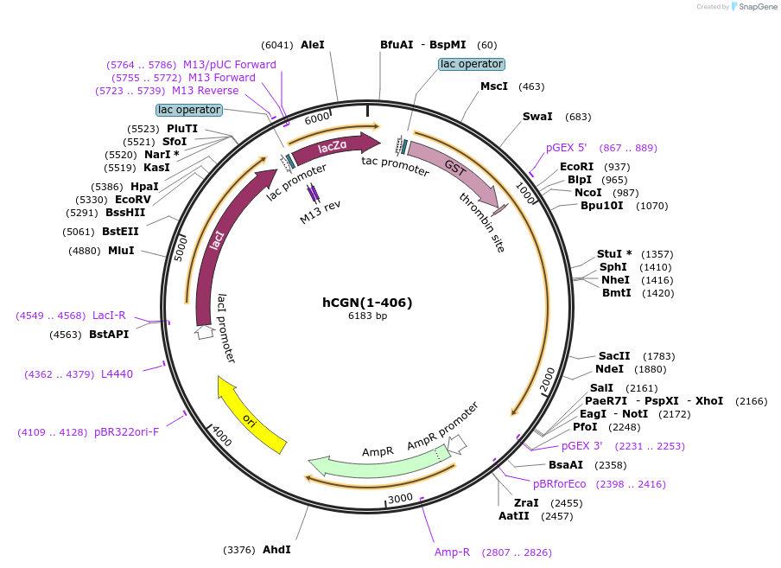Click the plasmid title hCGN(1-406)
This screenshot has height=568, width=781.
tap(367, 303)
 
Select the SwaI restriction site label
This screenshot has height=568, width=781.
tap(537, 117)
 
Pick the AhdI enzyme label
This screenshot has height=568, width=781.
tap(276, 550)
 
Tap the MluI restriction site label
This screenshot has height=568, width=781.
tap(121, 251)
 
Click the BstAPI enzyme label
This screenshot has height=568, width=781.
tap(109, 335)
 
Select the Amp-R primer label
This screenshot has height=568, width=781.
tap(452, 552)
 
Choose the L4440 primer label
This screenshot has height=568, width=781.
tap(117, 374)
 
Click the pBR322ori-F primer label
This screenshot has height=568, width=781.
tap(126, 432)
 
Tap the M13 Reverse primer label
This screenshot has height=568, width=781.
tap(205, 91)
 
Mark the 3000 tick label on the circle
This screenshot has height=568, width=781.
tap(400, 499)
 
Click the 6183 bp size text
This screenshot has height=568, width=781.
tap(367, 316)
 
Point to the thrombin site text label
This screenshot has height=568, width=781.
tap(482, 222)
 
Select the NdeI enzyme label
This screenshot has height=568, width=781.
tap(609, 369)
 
